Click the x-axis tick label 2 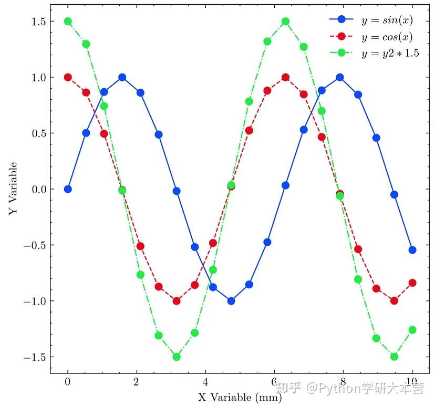[x=137, y=382]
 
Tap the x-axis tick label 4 [x=205, y=382]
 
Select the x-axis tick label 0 [x=68, y=382]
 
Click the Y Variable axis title [x=13, y=189]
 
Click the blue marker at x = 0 [x=68, y=189]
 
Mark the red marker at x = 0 [x=68, y=77]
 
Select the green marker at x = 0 [x=68, y=22]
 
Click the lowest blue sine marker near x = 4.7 [x=231, y=301]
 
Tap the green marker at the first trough [x=177, y=357]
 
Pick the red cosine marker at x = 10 [x=412, y=283]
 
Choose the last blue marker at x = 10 [x=412, y=250]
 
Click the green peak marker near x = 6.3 [x=285, y=22]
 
